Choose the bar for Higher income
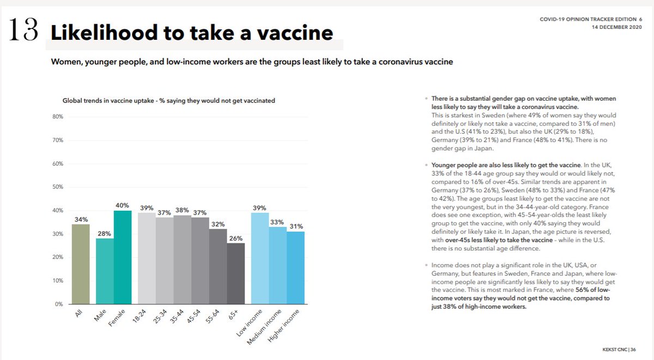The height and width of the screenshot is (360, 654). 295,267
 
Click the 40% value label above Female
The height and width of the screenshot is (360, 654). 122,205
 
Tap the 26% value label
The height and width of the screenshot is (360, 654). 237,238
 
